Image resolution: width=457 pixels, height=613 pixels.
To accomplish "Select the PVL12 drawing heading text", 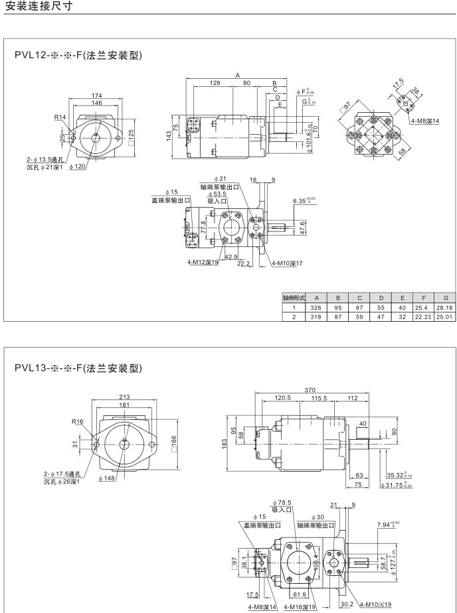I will (x=79, y=55).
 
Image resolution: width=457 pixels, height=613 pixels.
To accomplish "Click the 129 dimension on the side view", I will (x=215, y=83).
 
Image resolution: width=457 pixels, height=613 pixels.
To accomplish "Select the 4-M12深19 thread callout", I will (x=203, y=262).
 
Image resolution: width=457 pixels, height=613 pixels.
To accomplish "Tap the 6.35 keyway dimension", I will (x=304, y=200).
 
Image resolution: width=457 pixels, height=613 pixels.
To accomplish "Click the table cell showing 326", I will (x=317, y=307).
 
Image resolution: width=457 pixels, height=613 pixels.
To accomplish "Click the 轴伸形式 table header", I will (x=294, y=299).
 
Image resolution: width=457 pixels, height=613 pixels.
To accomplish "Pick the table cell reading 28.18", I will (x=445, y=307).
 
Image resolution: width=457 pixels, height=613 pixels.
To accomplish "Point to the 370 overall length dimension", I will (x=310, y=390).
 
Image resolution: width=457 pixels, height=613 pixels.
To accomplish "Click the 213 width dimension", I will (x=124, y=397).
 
